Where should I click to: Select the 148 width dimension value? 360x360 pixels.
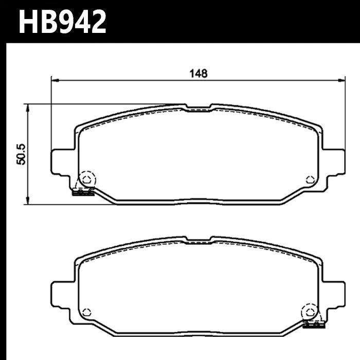(198, 74)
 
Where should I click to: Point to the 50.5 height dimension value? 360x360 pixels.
(21, 154)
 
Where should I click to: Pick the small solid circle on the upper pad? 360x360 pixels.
(309, 179)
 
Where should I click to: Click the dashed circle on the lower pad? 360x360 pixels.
(309, 311)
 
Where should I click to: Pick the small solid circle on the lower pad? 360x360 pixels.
(86, 311)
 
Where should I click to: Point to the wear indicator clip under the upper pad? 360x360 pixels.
(83, 193)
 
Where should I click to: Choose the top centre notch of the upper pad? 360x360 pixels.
(198, 108)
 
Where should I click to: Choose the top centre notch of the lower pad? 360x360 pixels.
(198, 240)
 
